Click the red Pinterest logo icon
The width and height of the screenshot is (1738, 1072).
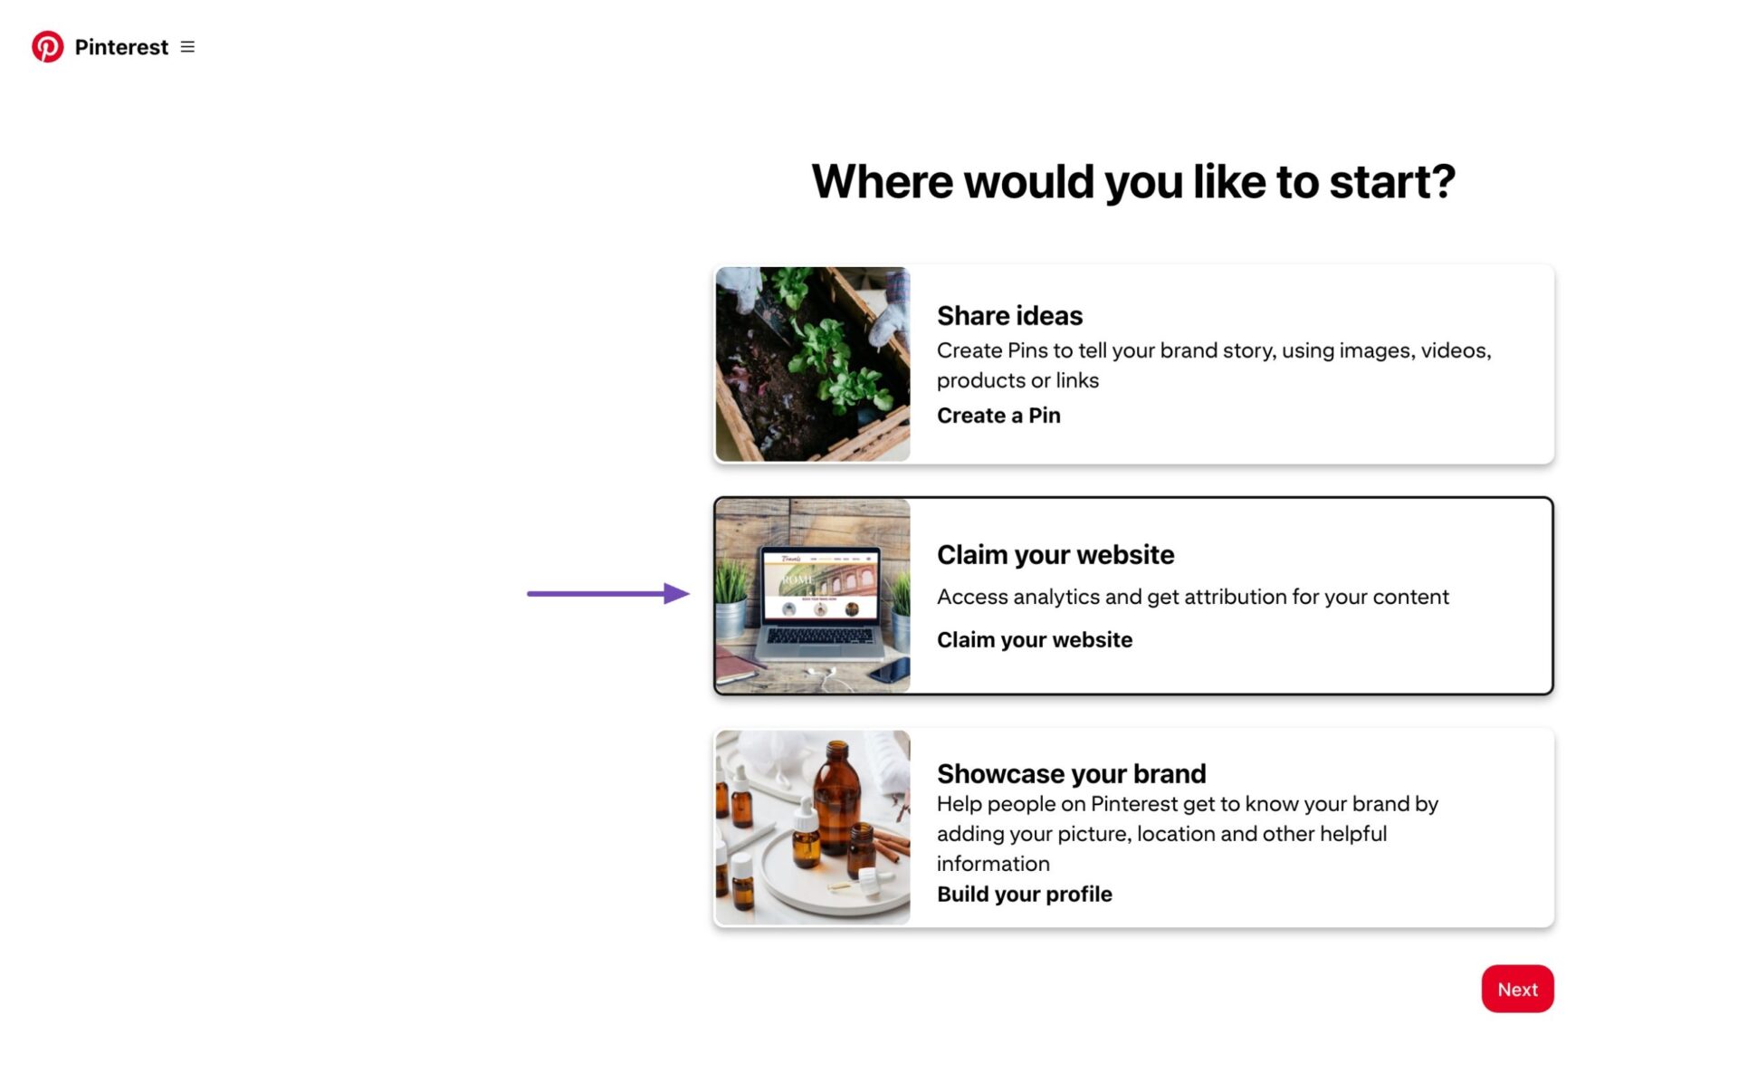47,47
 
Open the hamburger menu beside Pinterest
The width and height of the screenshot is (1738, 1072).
187,47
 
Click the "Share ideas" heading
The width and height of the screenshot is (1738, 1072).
1009,315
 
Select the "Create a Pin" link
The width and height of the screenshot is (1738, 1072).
998,416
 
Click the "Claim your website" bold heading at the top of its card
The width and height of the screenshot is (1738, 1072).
1055,554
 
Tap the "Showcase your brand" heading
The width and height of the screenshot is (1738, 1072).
1071,773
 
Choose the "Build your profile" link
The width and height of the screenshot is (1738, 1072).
1024,894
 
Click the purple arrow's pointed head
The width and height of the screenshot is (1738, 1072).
679,594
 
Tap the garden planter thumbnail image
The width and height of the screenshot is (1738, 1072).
812,364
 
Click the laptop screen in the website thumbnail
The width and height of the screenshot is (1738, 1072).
819,584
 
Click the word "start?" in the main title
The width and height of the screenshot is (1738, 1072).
1391,182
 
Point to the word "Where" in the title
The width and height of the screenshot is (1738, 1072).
883,182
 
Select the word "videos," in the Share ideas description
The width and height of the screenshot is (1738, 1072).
1456,350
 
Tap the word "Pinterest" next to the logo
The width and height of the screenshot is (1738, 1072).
121,47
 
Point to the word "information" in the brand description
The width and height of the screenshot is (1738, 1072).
993,864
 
